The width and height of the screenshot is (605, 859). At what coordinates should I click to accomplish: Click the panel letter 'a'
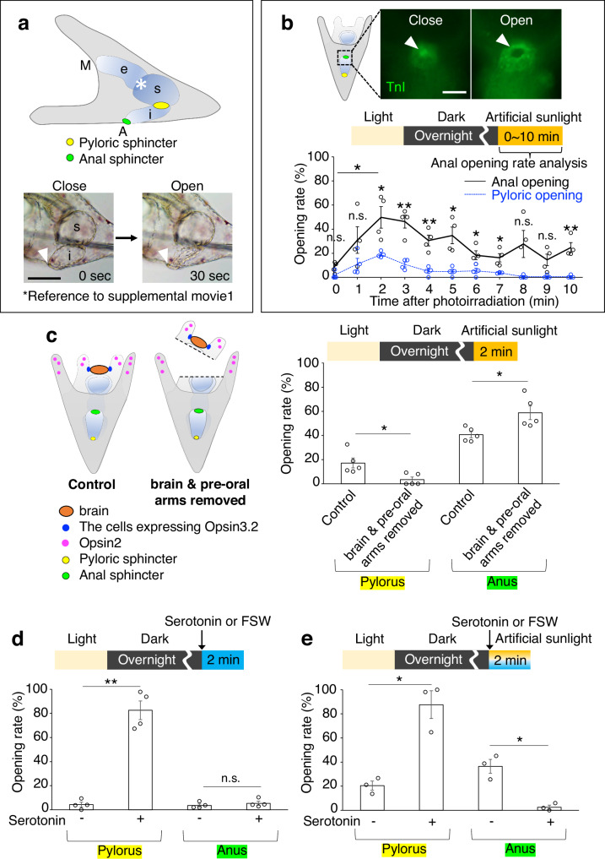point(23,24)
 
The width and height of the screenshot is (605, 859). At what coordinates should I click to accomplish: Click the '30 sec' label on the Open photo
point(209,275)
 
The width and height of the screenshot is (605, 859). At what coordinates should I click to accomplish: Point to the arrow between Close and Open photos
point(127,238)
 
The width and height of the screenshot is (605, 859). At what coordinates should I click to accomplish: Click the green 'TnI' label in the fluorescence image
point(396,86)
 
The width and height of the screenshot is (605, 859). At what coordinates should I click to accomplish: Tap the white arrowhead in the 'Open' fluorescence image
point(501,40)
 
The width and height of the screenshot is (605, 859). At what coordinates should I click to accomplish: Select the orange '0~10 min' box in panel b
point(531,136)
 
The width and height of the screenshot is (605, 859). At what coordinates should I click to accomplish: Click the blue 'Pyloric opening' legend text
point(537,196)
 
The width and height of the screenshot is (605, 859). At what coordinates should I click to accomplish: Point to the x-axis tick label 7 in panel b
point(500,289)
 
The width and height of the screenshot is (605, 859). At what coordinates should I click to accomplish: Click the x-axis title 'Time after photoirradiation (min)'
point(464,301)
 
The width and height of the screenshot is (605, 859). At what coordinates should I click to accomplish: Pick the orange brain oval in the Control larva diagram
point(99,370)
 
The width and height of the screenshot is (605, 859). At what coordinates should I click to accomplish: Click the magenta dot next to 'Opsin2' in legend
point(66,543)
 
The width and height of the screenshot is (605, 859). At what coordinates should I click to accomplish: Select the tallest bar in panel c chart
point(529,448)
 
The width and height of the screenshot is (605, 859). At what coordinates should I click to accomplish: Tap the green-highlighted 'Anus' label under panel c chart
point(502,582)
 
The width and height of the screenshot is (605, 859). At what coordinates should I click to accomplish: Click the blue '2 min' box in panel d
point(223,660)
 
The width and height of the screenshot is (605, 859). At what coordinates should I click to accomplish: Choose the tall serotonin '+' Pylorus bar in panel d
point(140,760)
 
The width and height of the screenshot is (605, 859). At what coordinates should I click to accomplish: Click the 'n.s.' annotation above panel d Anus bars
point(230,778)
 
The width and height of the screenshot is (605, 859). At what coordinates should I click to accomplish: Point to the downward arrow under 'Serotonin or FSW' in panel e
point(489,639)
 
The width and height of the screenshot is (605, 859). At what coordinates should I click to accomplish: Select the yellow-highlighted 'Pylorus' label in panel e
point(404,849)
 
